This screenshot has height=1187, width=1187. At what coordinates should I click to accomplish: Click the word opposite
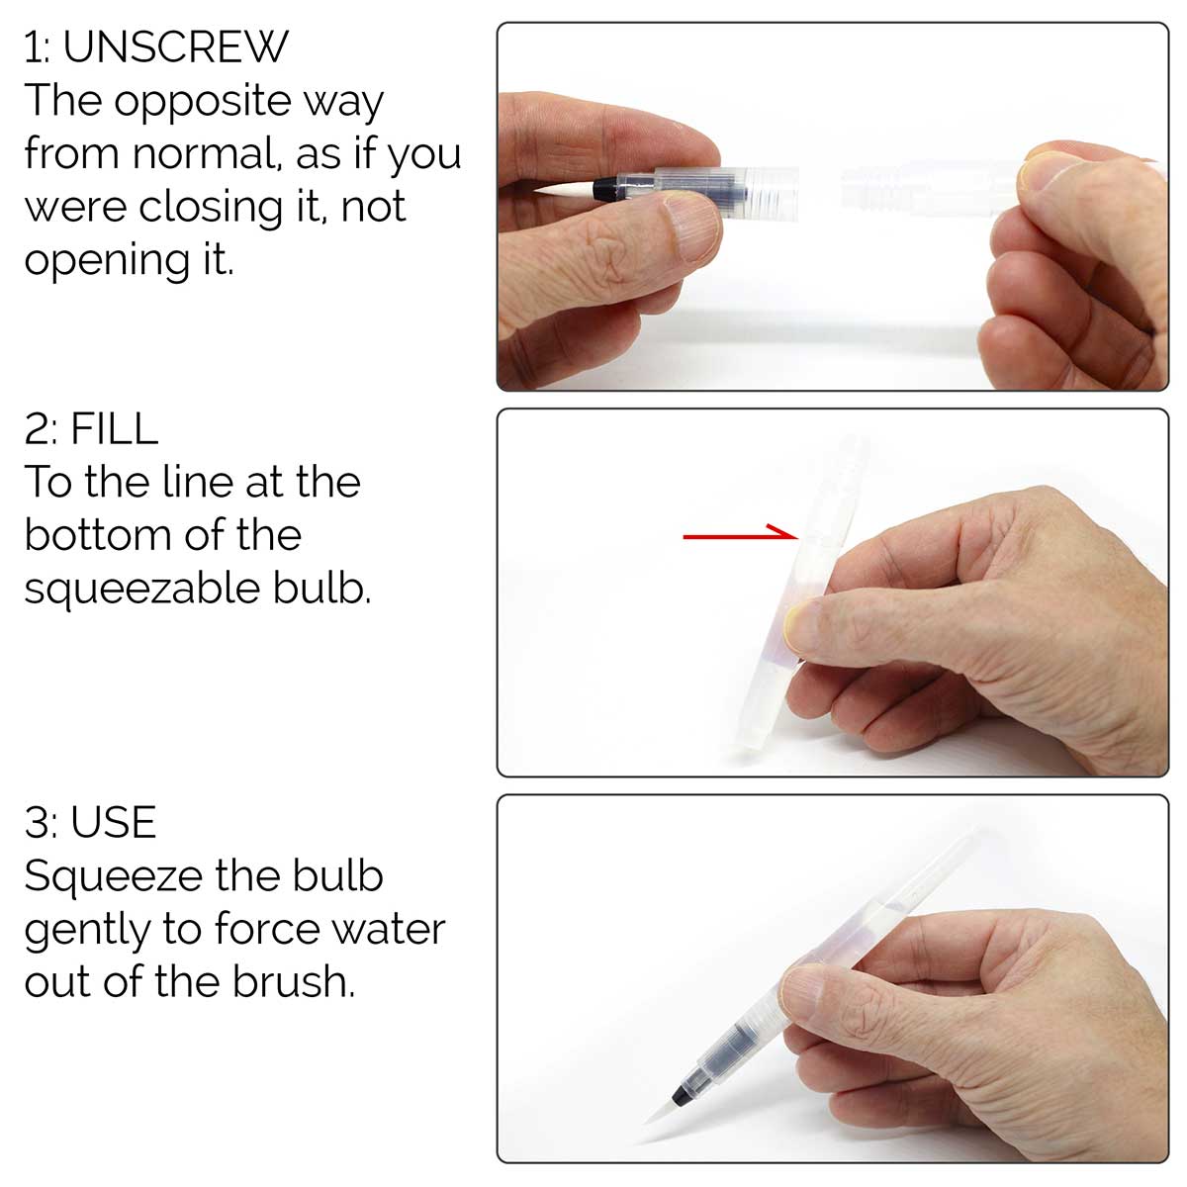coord(203,103)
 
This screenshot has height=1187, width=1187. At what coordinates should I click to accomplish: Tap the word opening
coord(108,263)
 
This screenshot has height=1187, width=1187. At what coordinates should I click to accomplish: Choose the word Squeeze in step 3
coord(113,878)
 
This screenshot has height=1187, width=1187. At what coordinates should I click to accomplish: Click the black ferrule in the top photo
coord(605,188)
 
